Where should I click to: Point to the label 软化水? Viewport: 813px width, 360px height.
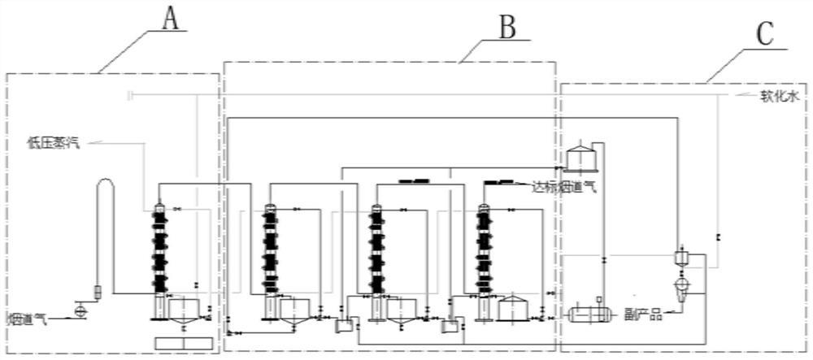pos(781,96)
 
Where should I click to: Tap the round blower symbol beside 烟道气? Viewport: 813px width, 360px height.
pos(80,310)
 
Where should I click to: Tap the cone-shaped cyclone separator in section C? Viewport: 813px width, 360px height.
pos(680,283)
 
